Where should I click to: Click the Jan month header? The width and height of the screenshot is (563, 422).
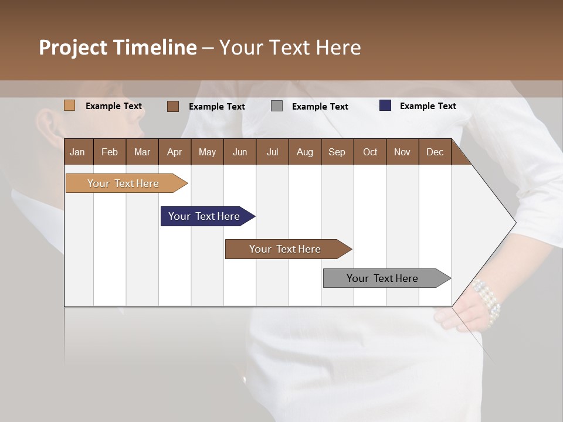point(78,152)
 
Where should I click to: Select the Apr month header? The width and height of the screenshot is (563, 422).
point(175,152)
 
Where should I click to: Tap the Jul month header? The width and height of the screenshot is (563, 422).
point(272,152)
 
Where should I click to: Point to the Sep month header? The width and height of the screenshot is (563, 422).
point(337,152)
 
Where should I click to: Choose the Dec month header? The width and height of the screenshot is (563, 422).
point(435,152)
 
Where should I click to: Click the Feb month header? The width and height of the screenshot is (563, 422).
point(110,152)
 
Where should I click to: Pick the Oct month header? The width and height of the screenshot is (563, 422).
point(370,152)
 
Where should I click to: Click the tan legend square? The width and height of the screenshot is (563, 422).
point(70,105)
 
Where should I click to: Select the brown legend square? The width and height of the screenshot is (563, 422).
point(173,106)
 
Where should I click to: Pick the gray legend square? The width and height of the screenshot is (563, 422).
point(277,106)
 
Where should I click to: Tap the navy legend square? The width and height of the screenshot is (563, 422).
point(385,105)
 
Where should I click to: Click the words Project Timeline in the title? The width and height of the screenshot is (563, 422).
point(118,47)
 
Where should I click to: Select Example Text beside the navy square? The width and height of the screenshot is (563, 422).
point(428,106)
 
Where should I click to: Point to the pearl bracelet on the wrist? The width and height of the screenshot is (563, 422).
point(487,301)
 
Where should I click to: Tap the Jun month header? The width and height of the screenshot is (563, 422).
point(240,152)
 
